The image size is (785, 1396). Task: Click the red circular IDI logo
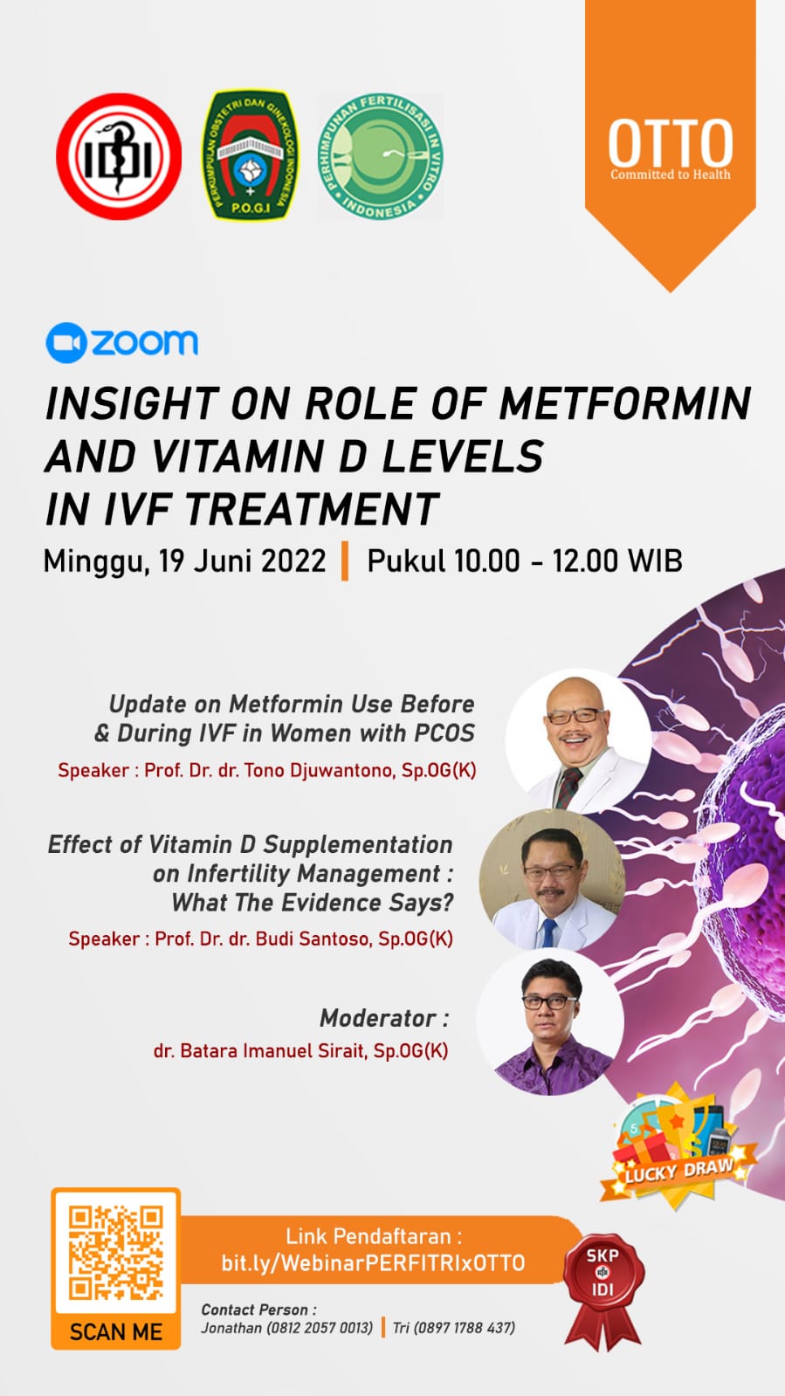(x=119, y=156)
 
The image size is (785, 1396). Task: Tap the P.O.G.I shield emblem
(x=251, y=155)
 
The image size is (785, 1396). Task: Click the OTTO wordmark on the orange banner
(x=671, y=142)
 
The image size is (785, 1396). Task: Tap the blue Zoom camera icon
(x=65, y=343)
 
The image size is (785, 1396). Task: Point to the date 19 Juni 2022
(x=242, y=560)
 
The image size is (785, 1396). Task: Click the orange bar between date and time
(x=344, y=560)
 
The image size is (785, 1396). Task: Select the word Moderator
(x=378, y=1018)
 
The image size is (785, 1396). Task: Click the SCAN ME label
(x=116, y=1331)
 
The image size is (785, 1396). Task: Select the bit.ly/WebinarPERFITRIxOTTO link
(x=373, y=1263)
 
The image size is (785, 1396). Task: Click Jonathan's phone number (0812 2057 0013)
(x=320, y=1328)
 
